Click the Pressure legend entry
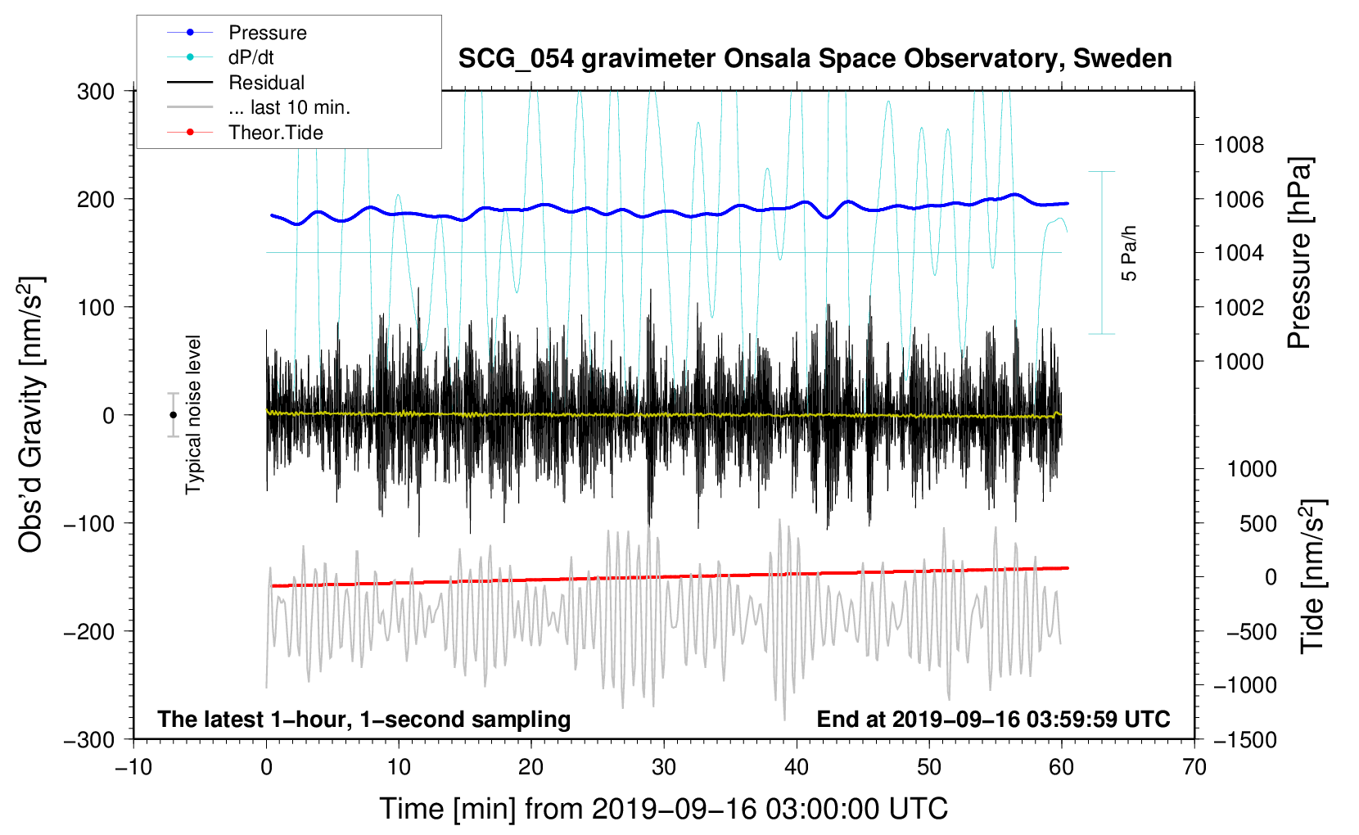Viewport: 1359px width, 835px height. click(x=267, y=33)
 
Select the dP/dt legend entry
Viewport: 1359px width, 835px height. click(x=251, y=57)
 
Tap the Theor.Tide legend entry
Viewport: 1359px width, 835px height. click(x=275, y=133)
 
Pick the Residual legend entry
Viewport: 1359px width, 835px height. click(x=266, y=83)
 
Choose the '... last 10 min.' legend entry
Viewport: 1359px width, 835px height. click(x=288, y=107)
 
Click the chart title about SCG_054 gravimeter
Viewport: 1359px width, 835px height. click(x=815, y=59)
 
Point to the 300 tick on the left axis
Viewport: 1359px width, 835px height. click(x=96, y=92)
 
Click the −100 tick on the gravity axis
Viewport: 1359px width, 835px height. click(x=89, y=523)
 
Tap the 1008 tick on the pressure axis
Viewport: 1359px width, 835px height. click(x=1239, y=146)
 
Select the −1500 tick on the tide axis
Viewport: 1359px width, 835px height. click(x=1244, y=740)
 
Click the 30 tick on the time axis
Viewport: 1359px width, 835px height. click(x=664, y=768)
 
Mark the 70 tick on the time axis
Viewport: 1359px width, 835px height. click(x=1194, y=768)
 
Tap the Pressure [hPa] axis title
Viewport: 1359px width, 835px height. click(x=1299, y=254)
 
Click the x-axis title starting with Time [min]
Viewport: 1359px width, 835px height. click(x=663, y=809)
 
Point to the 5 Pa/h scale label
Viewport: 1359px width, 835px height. click(x=1129, y=253)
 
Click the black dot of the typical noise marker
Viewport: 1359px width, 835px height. click(x=173, y=415)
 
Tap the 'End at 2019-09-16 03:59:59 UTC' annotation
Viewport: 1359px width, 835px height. click(x=993, y=720)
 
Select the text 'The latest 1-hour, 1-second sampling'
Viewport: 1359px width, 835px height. click(x=364, y=720)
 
